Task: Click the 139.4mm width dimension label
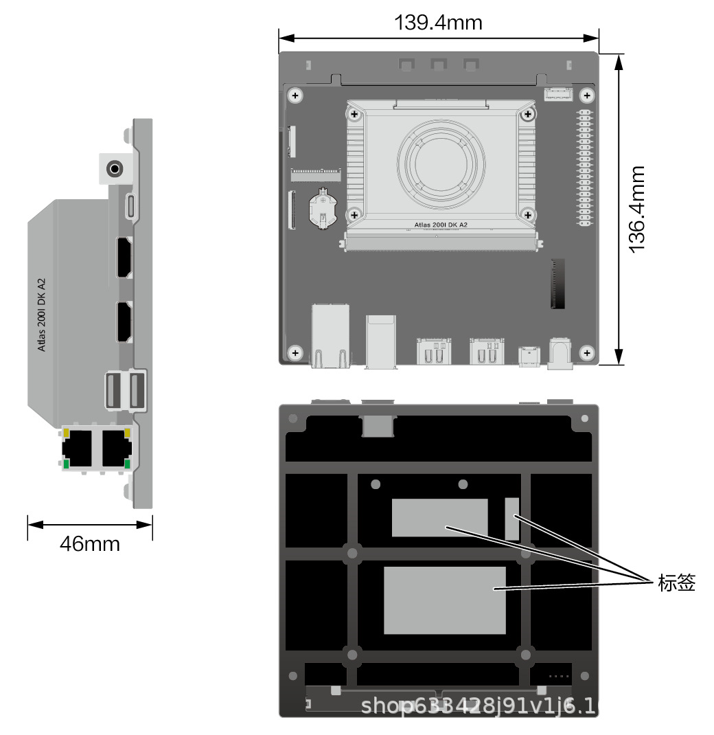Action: point(438,23)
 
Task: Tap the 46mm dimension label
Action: point(89,544)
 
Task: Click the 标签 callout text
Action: point(676,583)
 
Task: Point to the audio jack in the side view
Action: point(115,168)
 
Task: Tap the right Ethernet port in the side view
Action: point(114,447)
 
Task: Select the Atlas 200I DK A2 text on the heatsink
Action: point(441,225)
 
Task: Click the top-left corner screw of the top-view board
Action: point(295,95)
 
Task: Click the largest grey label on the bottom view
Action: point(444,600)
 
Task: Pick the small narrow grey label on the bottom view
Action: point(512,519)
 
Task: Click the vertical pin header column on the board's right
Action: point(584,168)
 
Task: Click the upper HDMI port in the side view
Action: point(124,258)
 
